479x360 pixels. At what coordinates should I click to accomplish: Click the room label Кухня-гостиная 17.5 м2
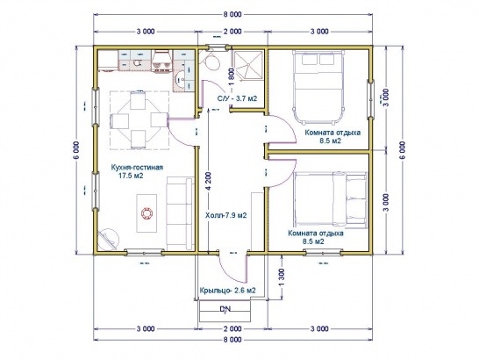[x=137, y=171]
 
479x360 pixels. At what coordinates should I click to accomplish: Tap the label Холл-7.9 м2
[x=226, y=215]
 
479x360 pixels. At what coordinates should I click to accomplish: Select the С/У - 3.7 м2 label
[x=237, y=98]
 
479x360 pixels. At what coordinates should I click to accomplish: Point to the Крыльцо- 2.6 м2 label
[x=227, y=291]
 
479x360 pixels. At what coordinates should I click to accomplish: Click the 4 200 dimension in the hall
[x=209, y=182]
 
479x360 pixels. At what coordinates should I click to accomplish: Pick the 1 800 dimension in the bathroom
[x=232, y=76]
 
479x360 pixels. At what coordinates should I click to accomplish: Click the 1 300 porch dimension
[x=282, y=277]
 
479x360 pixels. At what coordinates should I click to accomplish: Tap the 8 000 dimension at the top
[x=232, y=14]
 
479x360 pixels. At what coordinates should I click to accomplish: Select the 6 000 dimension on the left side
[x=76, y=150]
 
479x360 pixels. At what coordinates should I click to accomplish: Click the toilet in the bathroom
[x=211, y=61]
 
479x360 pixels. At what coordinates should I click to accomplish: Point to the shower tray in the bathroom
[x=247, y=65]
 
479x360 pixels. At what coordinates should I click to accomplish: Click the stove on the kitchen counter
[x=161, y=61]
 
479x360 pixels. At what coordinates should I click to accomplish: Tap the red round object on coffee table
[x=147, y=212]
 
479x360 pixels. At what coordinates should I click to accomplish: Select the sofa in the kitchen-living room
[x=180, y=212]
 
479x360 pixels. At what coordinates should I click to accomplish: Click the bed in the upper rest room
[x=318, y=87]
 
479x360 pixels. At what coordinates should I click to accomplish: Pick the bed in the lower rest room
[x=330, y=198]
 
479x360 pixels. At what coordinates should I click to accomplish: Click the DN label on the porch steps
[x=225, y=309]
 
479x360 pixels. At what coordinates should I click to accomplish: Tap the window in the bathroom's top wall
[x=218, y=47]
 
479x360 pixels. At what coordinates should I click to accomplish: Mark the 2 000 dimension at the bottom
[x=232, y=328]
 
